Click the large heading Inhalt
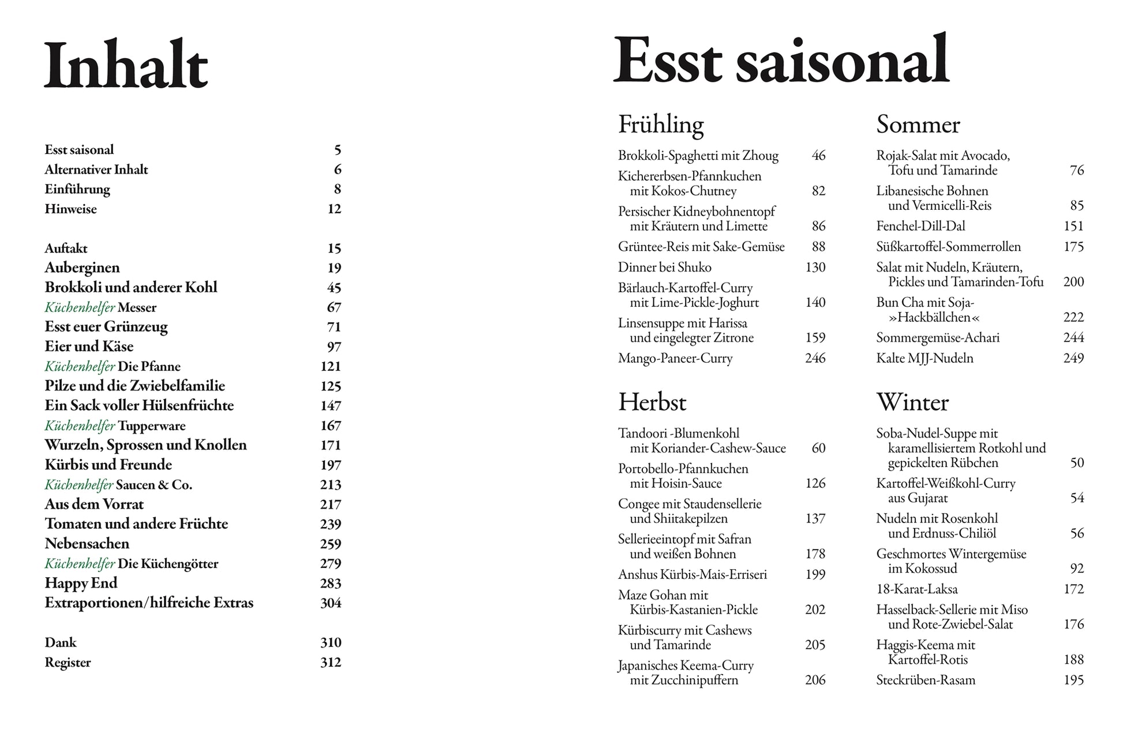126,65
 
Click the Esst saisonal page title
781,60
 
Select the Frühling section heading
661,125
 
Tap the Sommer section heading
918,125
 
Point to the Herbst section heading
652,402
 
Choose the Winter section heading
912,402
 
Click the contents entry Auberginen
82,268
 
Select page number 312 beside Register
331,663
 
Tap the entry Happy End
81,583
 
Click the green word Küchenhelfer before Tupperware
80,426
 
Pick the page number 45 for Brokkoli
334,287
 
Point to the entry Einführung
77,189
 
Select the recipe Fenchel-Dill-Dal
920,226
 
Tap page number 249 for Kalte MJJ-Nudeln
1073,358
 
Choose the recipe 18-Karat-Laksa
916,589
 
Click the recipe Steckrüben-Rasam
926,680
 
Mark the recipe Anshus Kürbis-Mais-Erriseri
692,574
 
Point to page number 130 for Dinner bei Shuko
815,267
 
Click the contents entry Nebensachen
87,544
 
